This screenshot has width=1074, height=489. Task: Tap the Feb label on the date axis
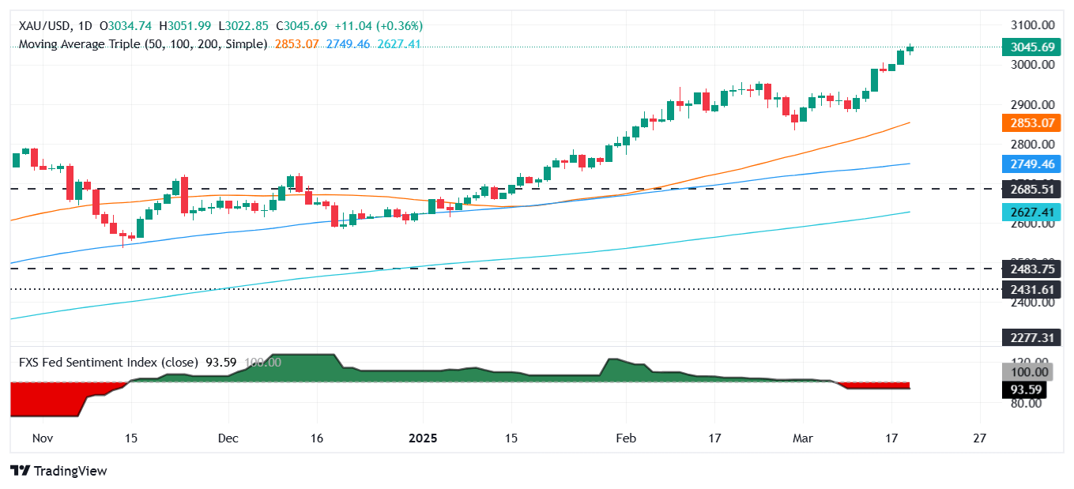626,438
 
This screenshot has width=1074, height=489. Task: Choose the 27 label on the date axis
980,438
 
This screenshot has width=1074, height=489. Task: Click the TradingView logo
59,471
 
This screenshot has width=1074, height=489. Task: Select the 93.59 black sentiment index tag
1031,389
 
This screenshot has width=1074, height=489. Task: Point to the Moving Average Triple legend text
142,44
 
